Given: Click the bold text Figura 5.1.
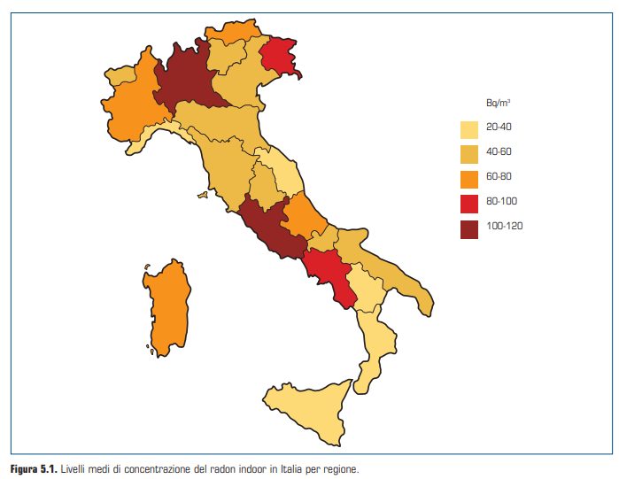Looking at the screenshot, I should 33,467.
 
